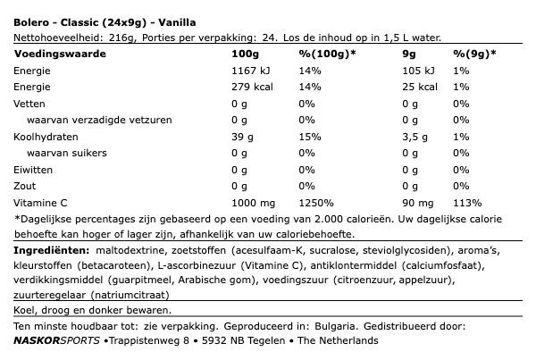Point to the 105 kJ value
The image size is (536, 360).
393,70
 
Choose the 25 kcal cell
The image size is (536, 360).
393,87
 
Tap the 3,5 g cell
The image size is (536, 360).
390,137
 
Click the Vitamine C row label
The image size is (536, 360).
44,203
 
